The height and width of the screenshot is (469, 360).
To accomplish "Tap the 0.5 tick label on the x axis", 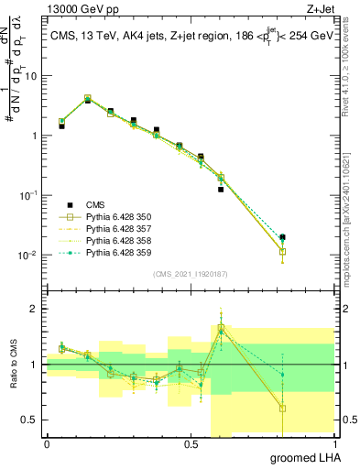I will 191,444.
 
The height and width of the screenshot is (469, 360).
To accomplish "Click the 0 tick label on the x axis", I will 47,444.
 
